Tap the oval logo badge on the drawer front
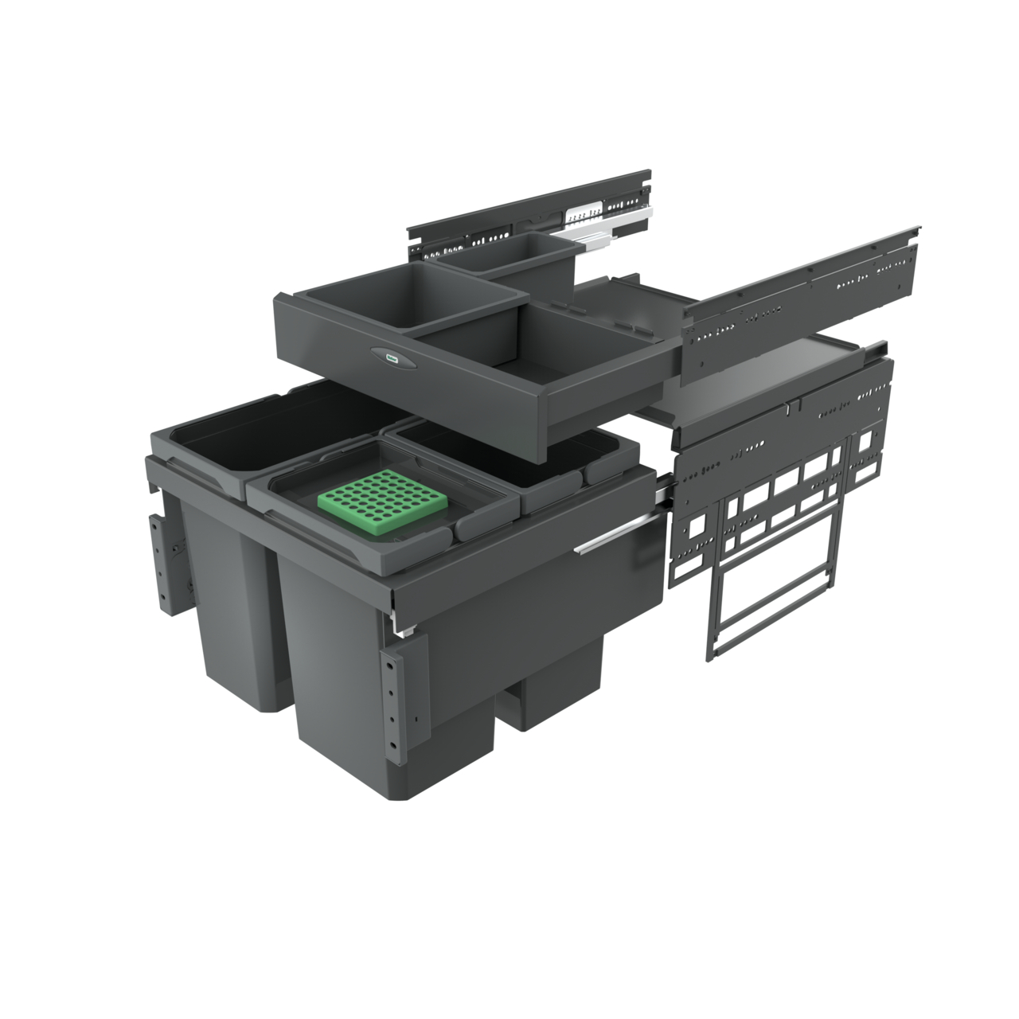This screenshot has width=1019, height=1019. tap(392, 361)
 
